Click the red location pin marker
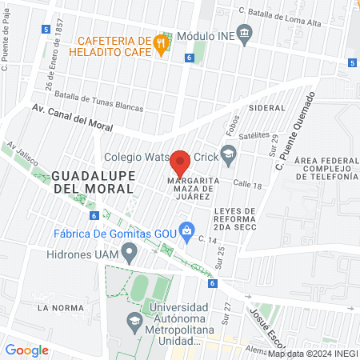[x=180, y=162]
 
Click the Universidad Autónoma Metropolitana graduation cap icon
[x=134, y=322]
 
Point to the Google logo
[x=26, y=350]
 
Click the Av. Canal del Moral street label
[x=72, y=119]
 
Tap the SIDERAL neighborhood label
[x=267, y=107]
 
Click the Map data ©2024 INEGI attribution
[x=312, y=353]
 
